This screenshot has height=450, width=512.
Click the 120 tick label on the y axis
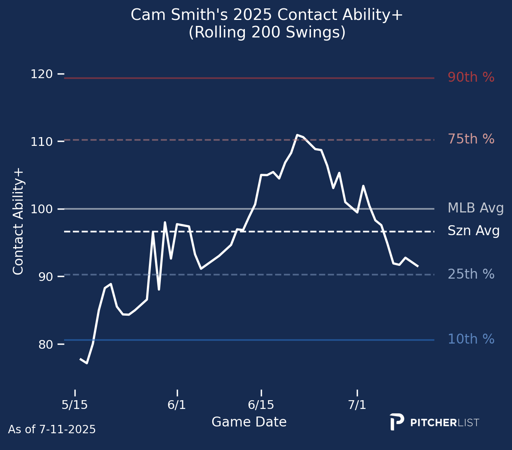pos(41,74)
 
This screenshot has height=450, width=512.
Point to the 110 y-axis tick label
pos(41,141)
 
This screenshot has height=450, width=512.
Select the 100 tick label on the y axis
pos(41,209)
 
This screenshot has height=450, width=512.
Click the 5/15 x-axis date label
pos(74,405)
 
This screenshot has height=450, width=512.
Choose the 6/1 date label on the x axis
pos(177,405)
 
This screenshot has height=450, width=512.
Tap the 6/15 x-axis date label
pos(261,405)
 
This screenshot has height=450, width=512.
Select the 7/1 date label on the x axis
pos(357,405)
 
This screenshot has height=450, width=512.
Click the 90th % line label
pos(471,77)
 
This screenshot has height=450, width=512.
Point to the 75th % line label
pos(471,139)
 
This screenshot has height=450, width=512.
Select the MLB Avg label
pos(475,208)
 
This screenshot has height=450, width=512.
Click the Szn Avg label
pos(473,231)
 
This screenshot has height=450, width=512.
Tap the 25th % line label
pos(471,274)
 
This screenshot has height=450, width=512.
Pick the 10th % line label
pos(471,339)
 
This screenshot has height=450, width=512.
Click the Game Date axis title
pos(249,422)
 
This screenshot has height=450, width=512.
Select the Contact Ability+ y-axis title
pos(19,222)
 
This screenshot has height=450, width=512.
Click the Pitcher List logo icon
pos(397,422)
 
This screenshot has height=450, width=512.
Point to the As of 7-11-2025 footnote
pos(52,430)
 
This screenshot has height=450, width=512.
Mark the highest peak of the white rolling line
pos(297,135)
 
